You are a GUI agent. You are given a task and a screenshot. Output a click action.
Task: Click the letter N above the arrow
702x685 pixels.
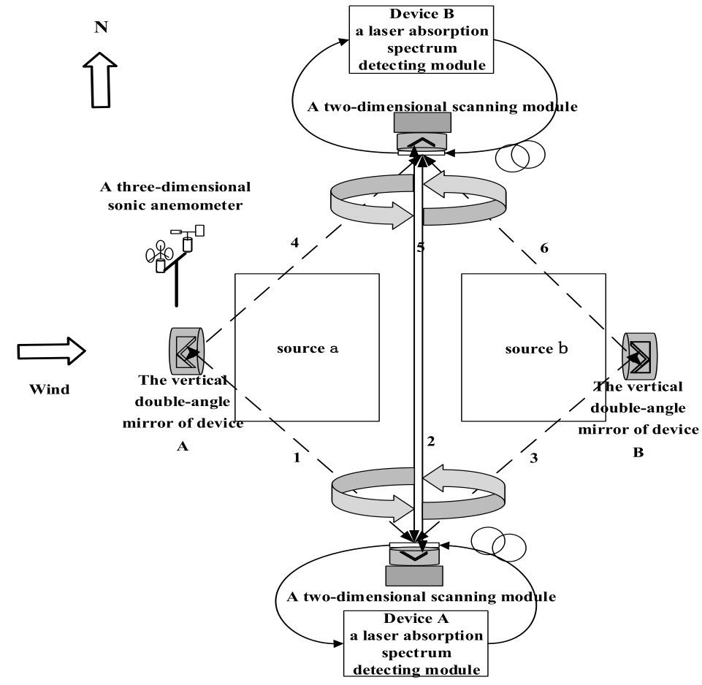tap(100, 27)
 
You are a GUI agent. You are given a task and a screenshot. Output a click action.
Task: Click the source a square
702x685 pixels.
tap(307, 348)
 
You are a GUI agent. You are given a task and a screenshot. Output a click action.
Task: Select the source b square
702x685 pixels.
tap(535, 348)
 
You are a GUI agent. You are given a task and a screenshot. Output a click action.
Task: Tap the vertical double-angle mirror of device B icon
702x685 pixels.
tap(640, 356)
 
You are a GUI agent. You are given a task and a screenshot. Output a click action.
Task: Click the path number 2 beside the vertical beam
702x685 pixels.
tap(431, 440)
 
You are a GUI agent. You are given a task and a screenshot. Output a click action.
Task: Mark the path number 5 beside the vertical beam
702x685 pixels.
tap(419, 248)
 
